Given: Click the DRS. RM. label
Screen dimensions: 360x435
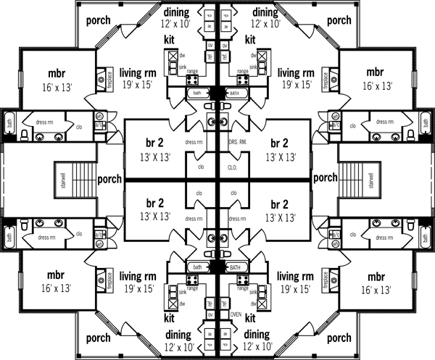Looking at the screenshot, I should pos(239,143).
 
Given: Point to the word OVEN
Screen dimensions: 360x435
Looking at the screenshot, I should pos(236,314).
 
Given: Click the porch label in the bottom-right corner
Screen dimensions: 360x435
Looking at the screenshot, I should pos(338,338).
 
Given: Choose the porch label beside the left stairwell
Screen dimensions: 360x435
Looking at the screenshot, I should pos(109,178).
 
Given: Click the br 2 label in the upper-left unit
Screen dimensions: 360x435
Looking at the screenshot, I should pos(152,141).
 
